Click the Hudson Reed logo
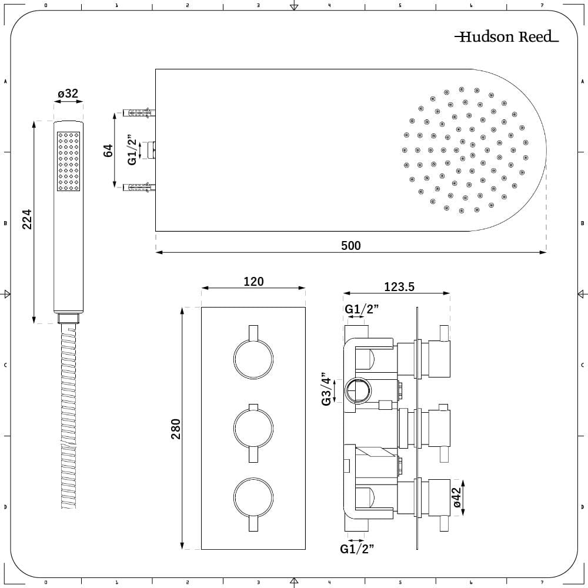click(x=506, y=37)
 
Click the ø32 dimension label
click(x=68, y=93)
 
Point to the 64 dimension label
click(x=108, y=149)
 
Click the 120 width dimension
click(x=253, y=282)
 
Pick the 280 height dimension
click(x=175, y=428)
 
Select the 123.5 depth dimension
click(x=399, y=287)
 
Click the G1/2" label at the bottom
click(x=357, y=549)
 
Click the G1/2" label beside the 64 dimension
click(x=132, y=150)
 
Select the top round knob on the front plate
click(x=253, y=359)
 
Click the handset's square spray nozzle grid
click(x=68, y=161)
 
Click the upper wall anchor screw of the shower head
click(x=139, y=111)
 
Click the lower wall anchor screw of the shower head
click(x=139, y=188)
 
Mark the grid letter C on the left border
click(x=5, y=365)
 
